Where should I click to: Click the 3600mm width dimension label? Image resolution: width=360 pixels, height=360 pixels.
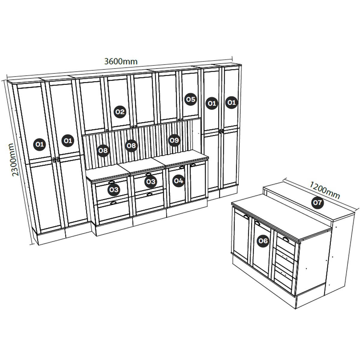(x=121, y=61)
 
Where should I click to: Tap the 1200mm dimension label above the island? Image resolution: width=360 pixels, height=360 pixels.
(x=325, y=190)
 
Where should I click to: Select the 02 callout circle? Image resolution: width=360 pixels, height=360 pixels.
(x=120, y=112)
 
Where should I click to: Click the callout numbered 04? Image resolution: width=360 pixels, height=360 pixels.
(x=178, y=181)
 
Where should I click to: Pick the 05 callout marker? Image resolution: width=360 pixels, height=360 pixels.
(x=190, y=99)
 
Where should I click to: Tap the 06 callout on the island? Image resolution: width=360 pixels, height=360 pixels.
(x=263, y=241)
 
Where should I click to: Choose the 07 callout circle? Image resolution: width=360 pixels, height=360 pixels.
(x=317, y=202)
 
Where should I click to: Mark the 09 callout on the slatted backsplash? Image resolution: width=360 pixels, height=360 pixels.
(x=174, y=140)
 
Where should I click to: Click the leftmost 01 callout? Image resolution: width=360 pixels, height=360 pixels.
(x=39, y=144)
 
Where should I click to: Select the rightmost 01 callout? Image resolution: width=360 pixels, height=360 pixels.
(x=232, y=102)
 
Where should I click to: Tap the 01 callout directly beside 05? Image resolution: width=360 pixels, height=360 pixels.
(x=212, y=103)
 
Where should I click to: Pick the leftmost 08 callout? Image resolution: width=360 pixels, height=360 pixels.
(x=103, y=150)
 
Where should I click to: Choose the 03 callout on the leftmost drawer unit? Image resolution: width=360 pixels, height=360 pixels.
(x=114, y=190)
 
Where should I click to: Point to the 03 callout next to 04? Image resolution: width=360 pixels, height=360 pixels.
(x=151, y=181)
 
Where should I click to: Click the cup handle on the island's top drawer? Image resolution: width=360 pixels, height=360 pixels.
(x=286, y=239)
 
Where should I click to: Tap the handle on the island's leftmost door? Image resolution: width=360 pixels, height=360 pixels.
(x=246, y=216)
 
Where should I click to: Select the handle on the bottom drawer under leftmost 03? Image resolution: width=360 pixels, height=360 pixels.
(x=113, y=203)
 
